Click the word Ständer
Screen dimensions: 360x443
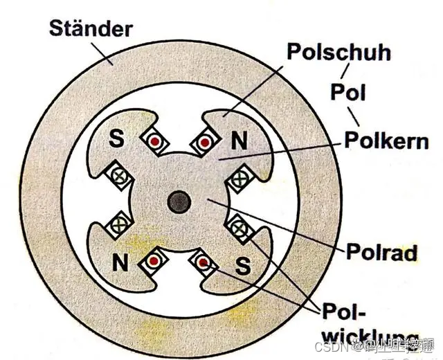pos(90,29)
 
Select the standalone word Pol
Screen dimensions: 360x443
pos(348,92)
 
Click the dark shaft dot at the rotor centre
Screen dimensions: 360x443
pos(179,202)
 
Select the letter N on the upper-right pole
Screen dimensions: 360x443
pos(239,141)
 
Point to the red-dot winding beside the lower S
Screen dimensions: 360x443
pos(204,262)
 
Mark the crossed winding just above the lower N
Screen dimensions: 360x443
pos(122,224)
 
